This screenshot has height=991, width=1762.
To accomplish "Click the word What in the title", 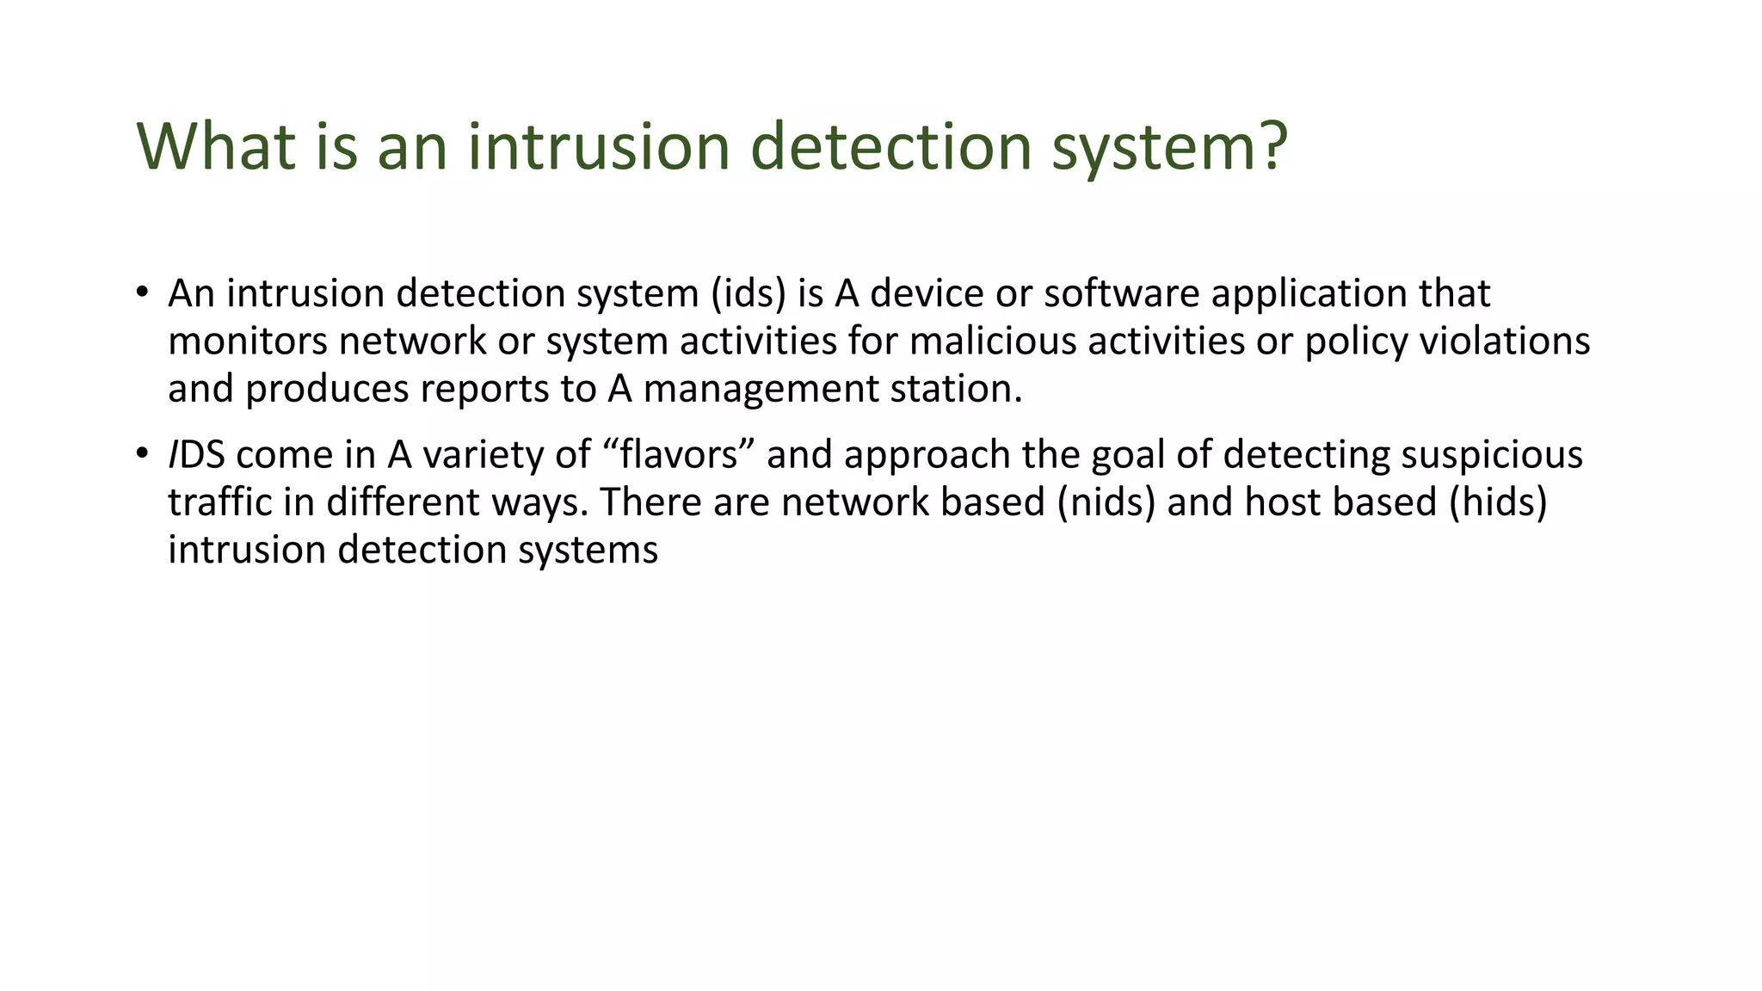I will pos(216,146).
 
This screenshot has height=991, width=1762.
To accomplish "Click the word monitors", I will pos(247,342).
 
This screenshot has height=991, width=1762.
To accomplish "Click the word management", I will pos(761,389).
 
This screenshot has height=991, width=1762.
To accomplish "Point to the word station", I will pos(956,389).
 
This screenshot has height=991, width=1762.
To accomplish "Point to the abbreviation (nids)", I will pos(1106,502).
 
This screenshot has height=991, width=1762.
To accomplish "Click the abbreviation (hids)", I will pos(1498,502).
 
